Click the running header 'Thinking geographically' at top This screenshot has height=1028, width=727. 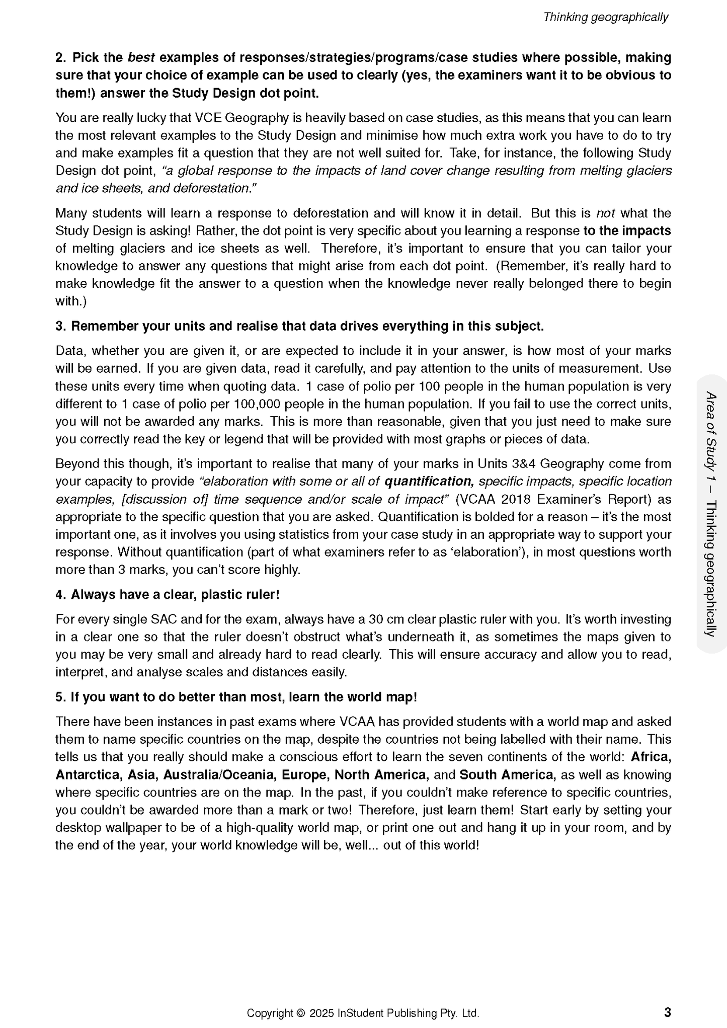pyautogui.click(x=605, y=17)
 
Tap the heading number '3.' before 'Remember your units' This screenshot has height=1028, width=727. pyautogui.click(x=61, y=326)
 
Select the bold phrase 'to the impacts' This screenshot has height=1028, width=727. pyautogui.click(x=627, y=230)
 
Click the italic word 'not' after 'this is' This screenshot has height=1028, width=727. pyautogui.click(x=605, y=213)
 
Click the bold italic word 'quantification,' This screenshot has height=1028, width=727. pyautogui.click(x=429, y=482)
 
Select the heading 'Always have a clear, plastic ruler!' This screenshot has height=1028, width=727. pyautogui.click(x=175, y=595)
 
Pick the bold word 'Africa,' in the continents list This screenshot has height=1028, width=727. pyautogui.click(x=651, y=757)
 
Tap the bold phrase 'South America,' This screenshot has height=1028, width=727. pyautogui.click(x=508, y=774)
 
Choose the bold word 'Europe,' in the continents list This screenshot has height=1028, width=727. pyautogui.click(x=305, y=774)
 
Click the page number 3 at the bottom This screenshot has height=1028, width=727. pyautogui.click(x=667, y=1012)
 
